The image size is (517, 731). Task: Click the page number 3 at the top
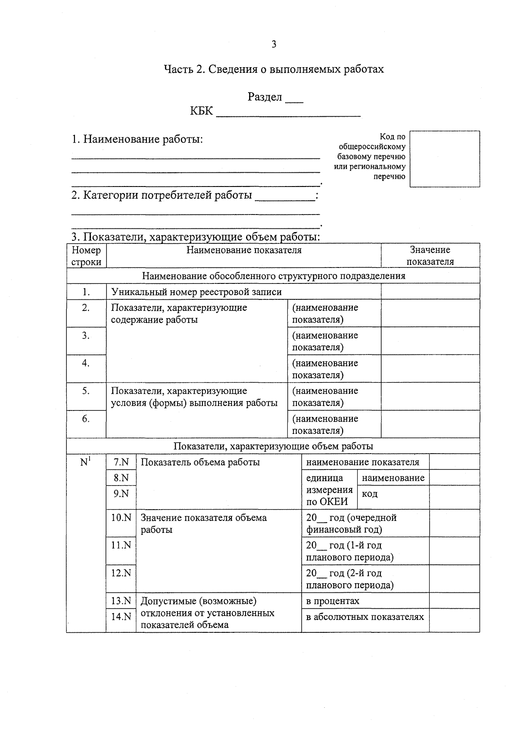(x=274, y=44)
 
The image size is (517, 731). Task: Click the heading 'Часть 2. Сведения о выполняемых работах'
(x=274, y=69)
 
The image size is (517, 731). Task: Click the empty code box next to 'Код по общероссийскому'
(x=445, y=159)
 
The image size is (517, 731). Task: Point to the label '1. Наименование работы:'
(x=137, y=140)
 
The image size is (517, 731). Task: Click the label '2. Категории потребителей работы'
(x=162, y=196)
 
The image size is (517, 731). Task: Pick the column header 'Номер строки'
(x=86, y=256)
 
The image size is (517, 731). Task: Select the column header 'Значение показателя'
(x=430, y=255)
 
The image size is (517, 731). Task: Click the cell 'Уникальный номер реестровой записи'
(x=196, y=292)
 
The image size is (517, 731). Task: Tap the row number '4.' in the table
(x=86, y=363)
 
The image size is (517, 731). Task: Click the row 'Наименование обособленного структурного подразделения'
(x=273, y=276)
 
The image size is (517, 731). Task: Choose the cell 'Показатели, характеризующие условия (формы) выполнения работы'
(x=194, y=397)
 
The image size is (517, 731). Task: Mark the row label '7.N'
(x=121, y=462)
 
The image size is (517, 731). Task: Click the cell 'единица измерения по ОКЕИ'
(x=329, y=490)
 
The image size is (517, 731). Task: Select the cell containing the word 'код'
(x=370, y=494)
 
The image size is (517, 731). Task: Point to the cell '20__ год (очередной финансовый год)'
(x=351, y=523)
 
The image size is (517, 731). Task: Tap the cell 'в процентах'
(x=333, y=601)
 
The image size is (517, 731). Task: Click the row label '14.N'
(x=121, y=616)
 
